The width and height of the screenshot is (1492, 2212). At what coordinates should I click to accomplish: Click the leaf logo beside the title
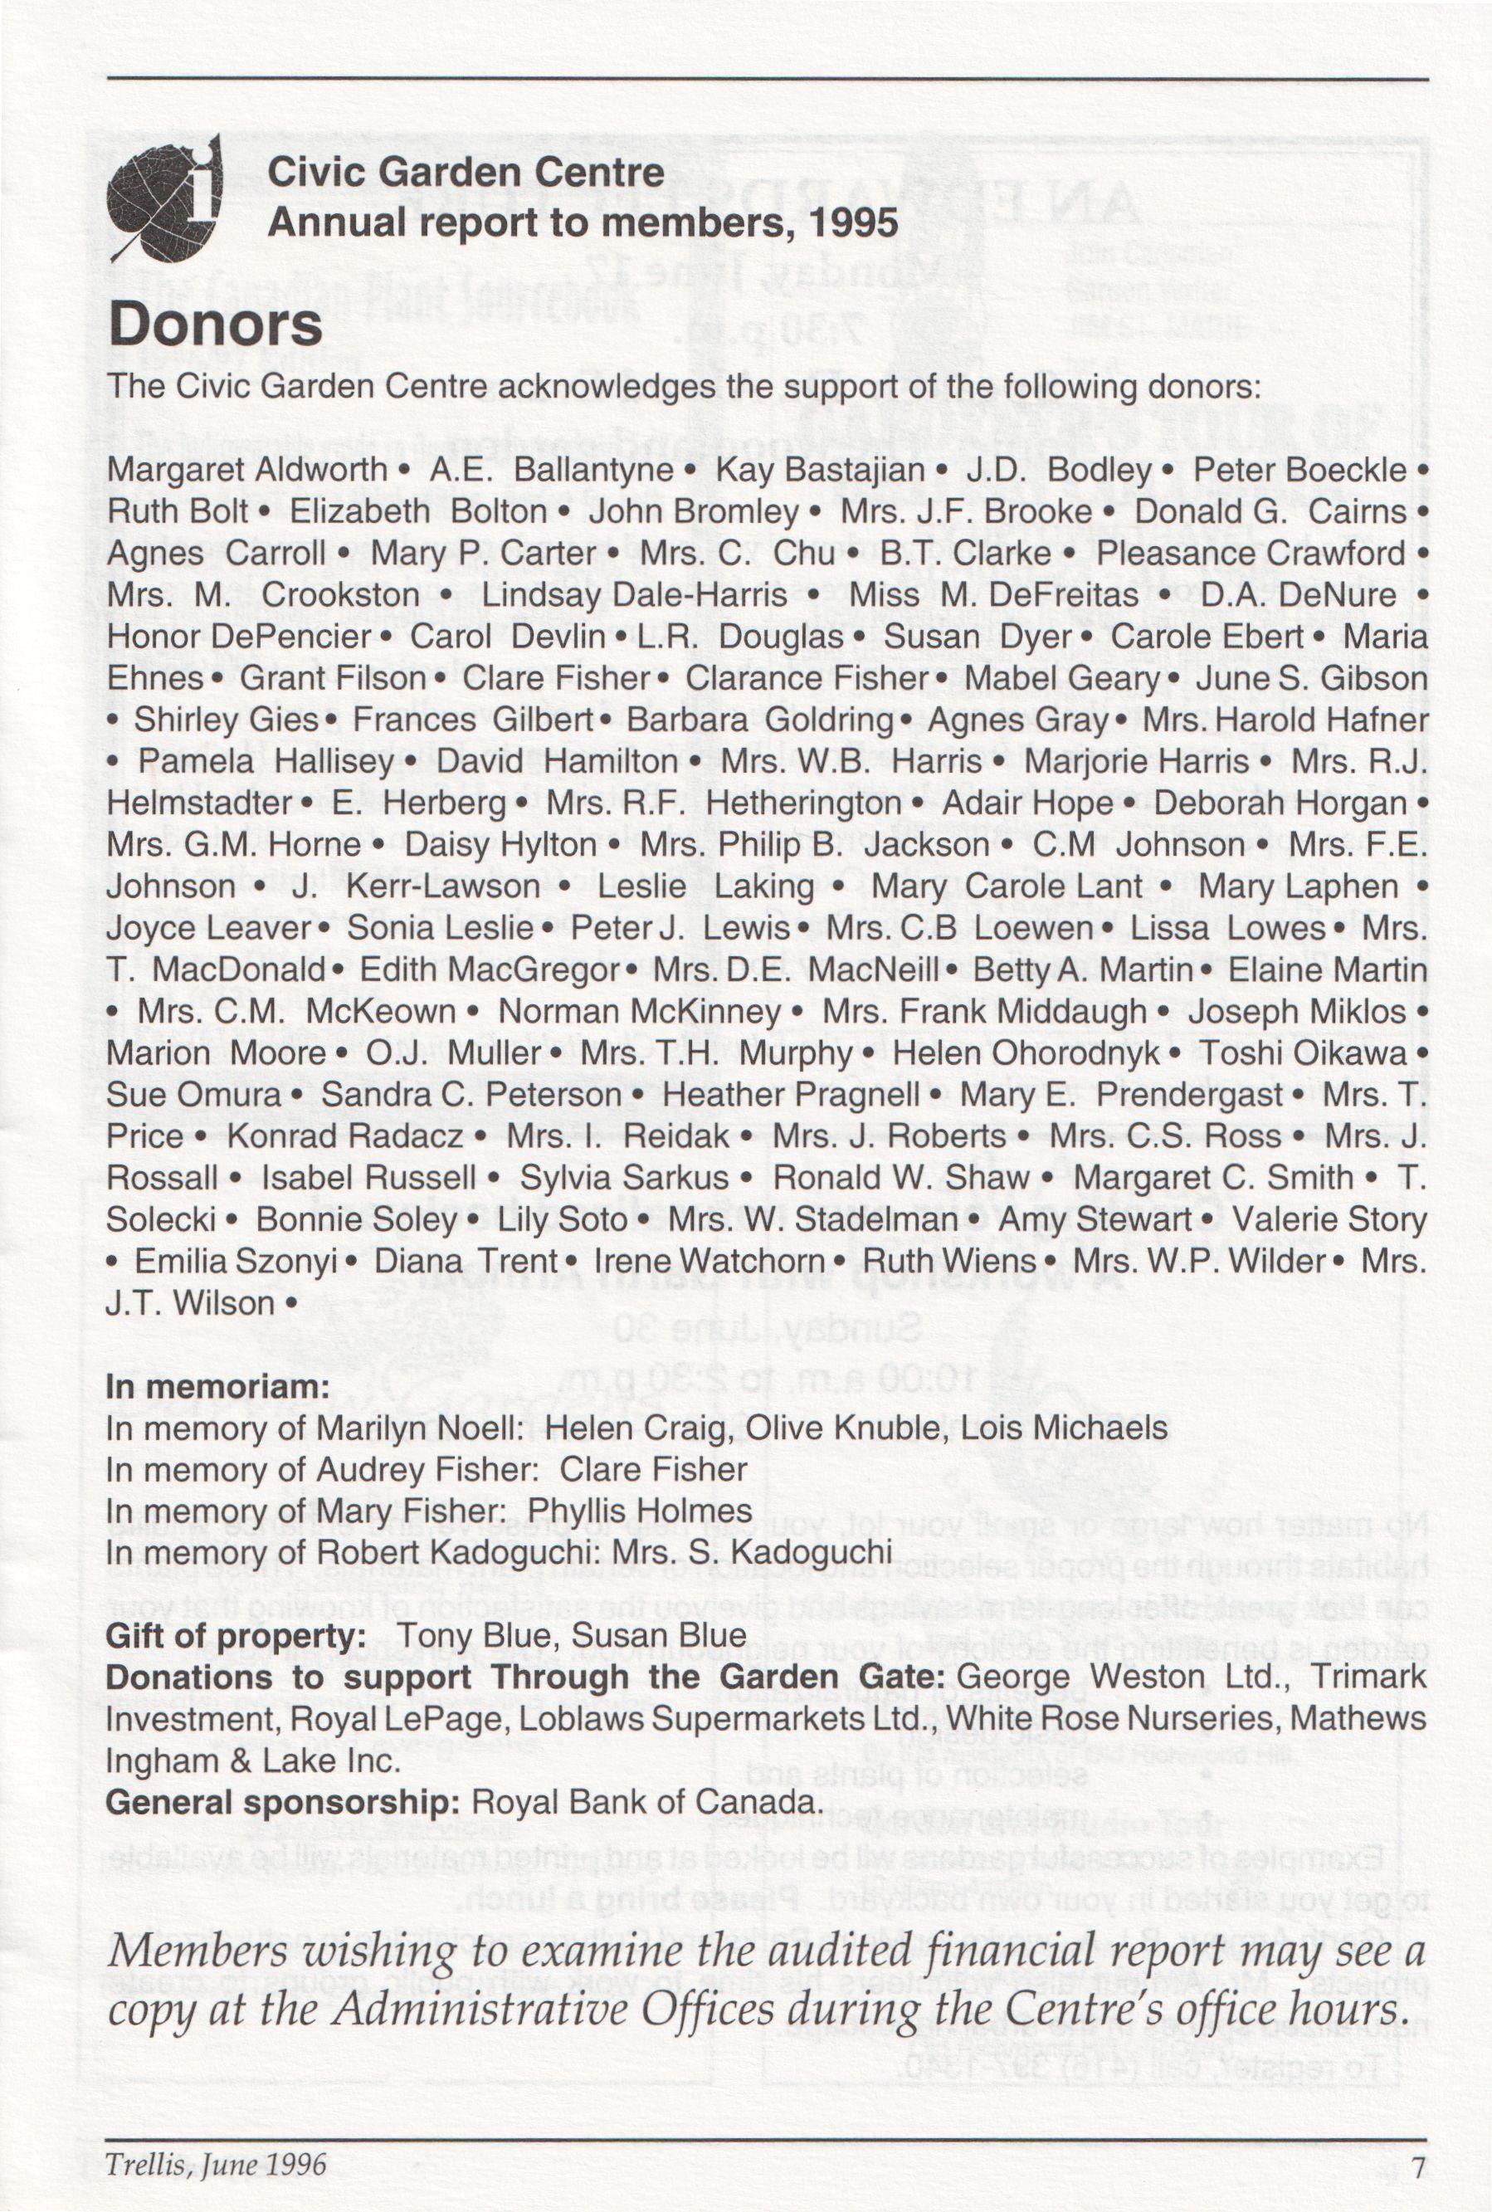[x=164, y=199]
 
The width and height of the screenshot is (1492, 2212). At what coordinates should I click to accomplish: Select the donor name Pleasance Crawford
[x=1251, y=553]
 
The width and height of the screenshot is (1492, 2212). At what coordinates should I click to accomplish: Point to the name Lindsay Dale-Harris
[x=635, y=595]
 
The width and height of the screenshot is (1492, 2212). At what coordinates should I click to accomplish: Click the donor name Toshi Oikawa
[x=1302, y=1052]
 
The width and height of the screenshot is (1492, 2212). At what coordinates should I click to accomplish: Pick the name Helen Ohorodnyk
[x=1026, y=1052]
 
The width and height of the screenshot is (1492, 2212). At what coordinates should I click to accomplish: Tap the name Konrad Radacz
[x=344, y=1135]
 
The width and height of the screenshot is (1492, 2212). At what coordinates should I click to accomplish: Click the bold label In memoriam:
[x=217, y=1387]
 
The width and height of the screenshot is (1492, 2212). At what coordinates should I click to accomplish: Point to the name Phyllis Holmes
[x=640, y=1511]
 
